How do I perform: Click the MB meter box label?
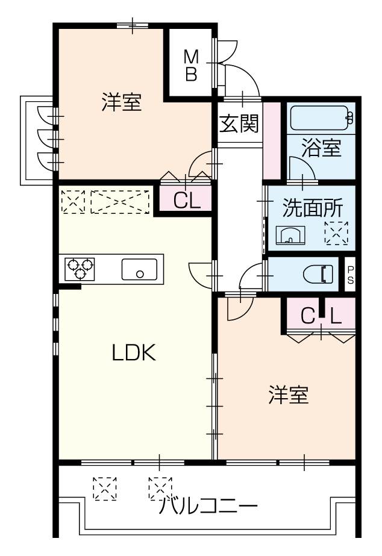192,66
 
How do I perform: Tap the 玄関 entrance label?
239,123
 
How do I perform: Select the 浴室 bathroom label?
321,148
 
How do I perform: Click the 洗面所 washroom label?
313,208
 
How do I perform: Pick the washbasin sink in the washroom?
290,234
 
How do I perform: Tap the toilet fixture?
318,273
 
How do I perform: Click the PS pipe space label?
351,275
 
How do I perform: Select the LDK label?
134,352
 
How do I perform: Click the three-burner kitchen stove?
80,269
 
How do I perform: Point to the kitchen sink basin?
139,269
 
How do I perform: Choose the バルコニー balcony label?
208,505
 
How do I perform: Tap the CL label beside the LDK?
187,201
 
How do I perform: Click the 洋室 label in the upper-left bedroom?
122,102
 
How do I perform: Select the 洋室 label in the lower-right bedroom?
289,395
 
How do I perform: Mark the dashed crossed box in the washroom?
336,233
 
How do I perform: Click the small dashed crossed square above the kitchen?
73,202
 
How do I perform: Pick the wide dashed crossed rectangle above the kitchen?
120,202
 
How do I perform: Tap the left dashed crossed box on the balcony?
105,489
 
